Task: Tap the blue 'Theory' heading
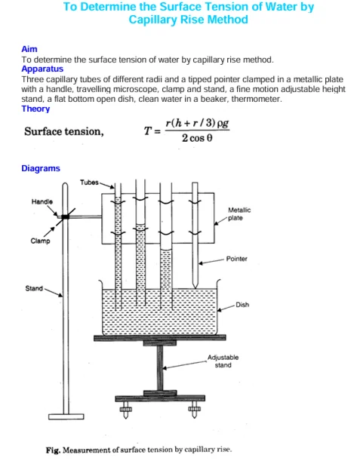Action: pos(36,109)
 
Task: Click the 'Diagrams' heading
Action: pos(41,168)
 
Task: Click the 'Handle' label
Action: pos(42,202)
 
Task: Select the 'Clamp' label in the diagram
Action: pos(41,241)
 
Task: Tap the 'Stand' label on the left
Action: pos(35,288)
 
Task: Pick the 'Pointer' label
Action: pos(237,259)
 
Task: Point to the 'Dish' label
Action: pos(242,305)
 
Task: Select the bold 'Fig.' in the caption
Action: pos(53,450)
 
